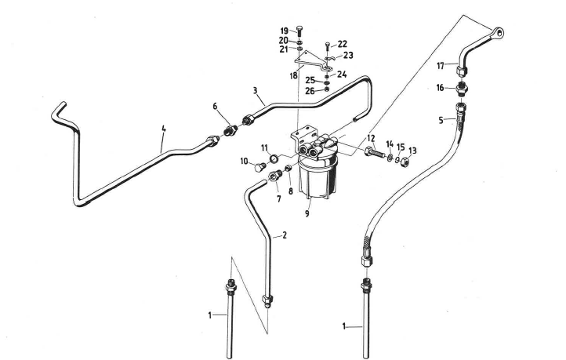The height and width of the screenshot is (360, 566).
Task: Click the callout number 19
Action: click(x=285, y=31)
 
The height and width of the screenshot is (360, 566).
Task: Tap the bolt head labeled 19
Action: click(x=299, y=29)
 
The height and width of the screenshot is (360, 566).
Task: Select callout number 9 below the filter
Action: click(x=307, y=214)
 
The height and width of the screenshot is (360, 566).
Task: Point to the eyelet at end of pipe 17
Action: click(x=499, y=33)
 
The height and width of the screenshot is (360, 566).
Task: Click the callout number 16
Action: click(x=440, y=88)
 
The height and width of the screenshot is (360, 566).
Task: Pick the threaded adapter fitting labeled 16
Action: click(x=462, y=89)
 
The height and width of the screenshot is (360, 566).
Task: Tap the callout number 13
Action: click(x=412, y=151)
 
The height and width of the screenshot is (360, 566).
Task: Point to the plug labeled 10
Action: click(x=259, y=167)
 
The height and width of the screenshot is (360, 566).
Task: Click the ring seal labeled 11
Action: click(x=274, y=158)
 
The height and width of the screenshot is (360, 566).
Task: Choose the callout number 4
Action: click(x=164, y=128)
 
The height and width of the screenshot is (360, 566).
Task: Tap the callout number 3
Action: click(x=256, y=90)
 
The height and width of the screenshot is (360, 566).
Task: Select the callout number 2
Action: click(x=285, y=235)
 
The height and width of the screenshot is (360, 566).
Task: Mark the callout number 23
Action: click(x=348, y=55)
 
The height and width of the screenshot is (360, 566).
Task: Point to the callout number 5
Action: click(x=441, y=120)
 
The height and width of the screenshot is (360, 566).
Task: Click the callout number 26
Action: click(x=310, y=91)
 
